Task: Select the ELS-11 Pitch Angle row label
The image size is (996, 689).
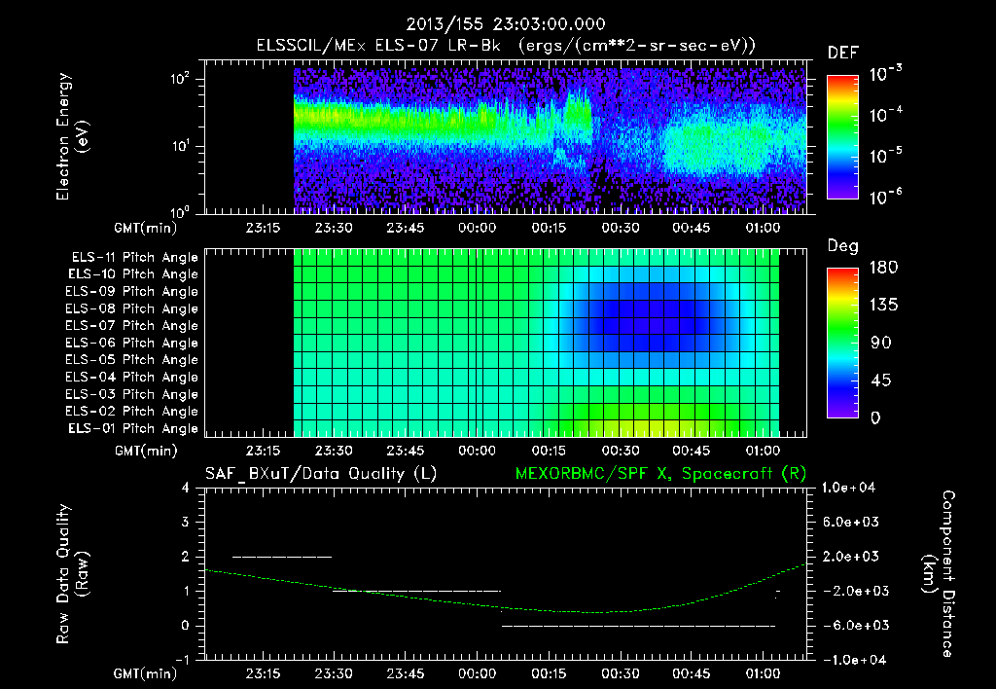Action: click(x=133, y=258)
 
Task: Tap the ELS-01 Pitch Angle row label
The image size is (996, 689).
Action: click(x=133, y=428)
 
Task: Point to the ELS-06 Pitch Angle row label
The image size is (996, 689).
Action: click(x=133, y=343)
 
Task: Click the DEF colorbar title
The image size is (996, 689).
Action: click(x=842, y=54)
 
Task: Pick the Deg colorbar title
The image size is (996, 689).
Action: click(x=842, y=246)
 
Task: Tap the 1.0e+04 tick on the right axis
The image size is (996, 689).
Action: click(x=851, y=488)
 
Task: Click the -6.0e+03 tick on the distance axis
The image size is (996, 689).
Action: click(x=851, y=625)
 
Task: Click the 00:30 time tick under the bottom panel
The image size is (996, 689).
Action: click(x=620, y=672)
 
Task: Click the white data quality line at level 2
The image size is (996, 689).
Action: click(x=282, y=557)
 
